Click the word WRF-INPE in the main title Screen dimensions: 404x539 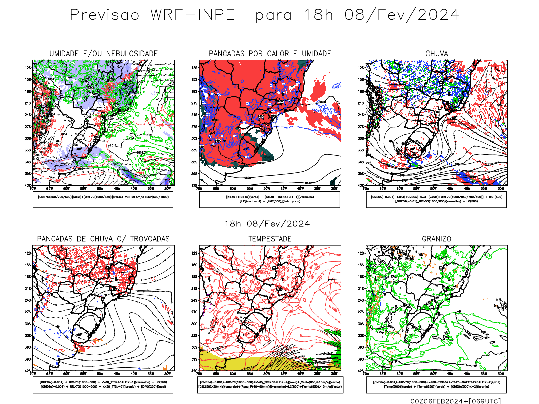[192, 15]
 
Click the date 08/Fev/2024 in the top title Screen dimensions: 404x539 [402, 15]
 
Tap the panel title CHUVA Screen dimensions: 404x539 [437, 54]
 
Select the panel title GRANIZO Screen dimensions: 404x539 [437, 239]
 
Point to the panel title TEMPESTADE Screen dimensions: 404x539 [270, 239]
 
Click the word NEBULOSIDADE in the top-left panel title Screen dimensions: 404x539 [132, 54]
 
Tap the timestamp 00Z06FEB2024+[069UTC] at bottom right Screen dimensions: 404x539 [456, 401]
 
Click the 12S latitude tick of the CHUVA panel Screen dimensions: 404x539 [361, 68]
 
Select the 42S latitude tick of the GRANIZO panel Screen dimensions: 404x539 [361, 371]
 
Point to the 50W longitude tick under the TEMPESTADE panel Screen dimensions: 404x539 [266, 374]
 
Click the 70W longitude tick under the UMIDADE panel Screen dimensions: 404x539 [33, 189]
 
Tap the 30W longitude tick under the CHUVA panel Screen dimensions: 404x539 [501, 189]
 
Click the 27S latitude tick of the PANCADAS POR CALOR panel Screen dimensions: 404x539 [194, 127]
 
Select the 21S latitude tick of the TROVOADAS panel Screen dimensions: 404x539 [28, 289]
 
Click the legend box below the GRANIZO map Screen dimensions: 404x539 [436, 384]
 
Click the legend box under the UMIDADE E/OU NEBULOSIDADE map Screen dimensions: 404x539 [103, 200]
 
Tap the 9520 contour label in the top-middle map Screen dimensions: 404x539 [247, 178]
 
